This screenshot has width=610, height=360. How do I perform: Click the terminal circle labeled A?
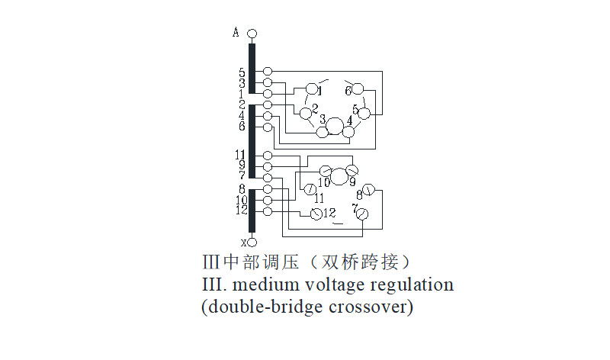point(252,34)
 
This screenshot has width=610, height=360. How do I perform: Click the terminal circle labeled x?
point(252,243)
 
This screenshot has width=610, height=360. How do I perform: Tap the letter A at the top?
point(236,32)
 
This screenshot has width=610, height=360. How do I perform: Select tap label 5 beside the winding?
point(242,72)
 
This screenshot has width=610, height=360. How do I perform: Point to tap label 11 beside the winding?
point(240,155)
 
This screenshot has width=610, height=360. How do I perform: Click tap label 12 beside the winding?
point(240,211)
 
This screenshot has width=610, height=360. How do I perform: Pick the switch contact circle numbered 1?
point(311,89)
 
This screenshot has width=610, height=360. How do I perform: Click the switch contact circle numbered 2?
point(306,113)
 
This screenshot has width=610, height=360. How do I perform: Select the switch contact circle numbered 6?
point(358,89)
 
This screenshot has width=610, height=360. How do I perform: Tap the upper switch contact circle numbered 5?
point(364,114)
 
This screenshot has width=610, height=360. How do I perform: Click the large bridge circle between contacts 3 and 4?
point(335,127)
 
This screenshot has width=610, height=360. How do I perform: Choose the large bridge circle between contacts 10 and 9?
point(339,176)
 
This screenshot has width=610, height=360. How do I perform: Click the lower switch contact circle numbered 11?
point(310,188)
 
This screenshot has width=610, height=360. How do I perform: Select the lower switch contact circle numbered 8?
point(368,189)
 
